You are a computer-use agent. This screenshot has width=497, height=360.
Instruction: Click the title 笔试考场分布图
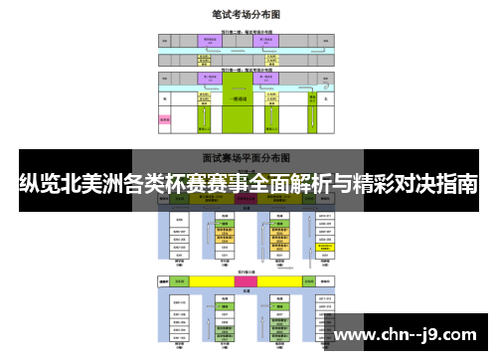pos(247,16)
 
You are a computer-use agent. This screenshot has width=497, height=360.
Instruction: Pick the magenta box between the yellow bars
pos(247,282)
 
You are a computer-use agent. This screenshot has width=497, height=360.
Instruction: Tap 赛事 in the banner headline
pos(225,185)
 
